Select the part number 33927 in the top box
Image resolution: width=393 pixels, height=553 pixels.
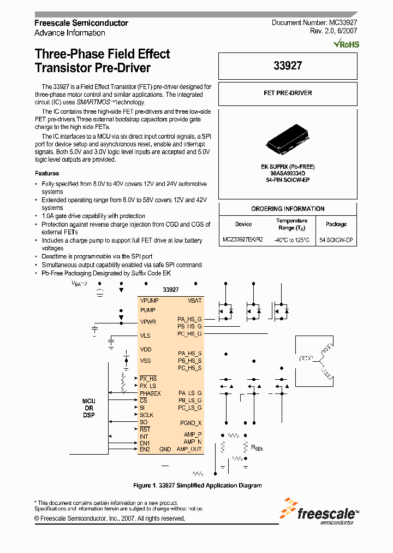click(288, 66)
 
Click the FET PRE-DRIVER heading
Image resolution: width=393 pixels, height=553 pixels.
click(288, 93)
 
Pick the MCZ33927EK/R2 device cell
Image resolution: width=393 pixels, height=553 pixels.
click(243, 240)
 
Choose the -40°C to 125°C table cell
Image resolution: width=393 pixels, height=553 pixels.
click(292, 240)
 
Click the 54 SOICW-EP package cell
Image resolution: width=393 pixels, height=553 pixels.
click(336, 240)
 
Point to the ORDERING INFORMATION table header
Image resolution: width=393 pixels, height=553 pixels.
click(288, 209)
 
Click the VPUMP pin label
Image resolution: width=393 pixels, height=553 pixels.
click(149, 301)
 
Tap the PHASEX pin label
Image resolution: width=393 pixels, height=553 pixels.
click(150, 393)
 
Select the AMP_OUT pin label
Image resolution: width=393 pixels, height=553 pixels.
click(189, 449)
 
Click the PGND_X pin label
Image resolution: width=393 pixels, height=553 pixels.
click(191, 423)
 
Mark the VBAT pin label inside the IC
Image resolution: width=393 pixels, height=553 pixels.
click(194, 301)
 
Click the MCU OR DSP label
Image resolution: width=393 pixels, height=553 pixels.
click(89, 408)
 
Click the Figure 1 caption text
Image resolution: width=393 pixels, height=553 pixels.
click(198, 485)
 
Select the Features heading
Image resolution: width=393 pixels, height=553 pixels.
click(47, 173)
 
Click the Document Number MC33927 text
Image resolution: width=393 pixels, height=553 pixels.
click(314, 23)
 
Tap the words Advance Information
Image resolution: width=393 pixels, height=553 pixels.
click(70, 33)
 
